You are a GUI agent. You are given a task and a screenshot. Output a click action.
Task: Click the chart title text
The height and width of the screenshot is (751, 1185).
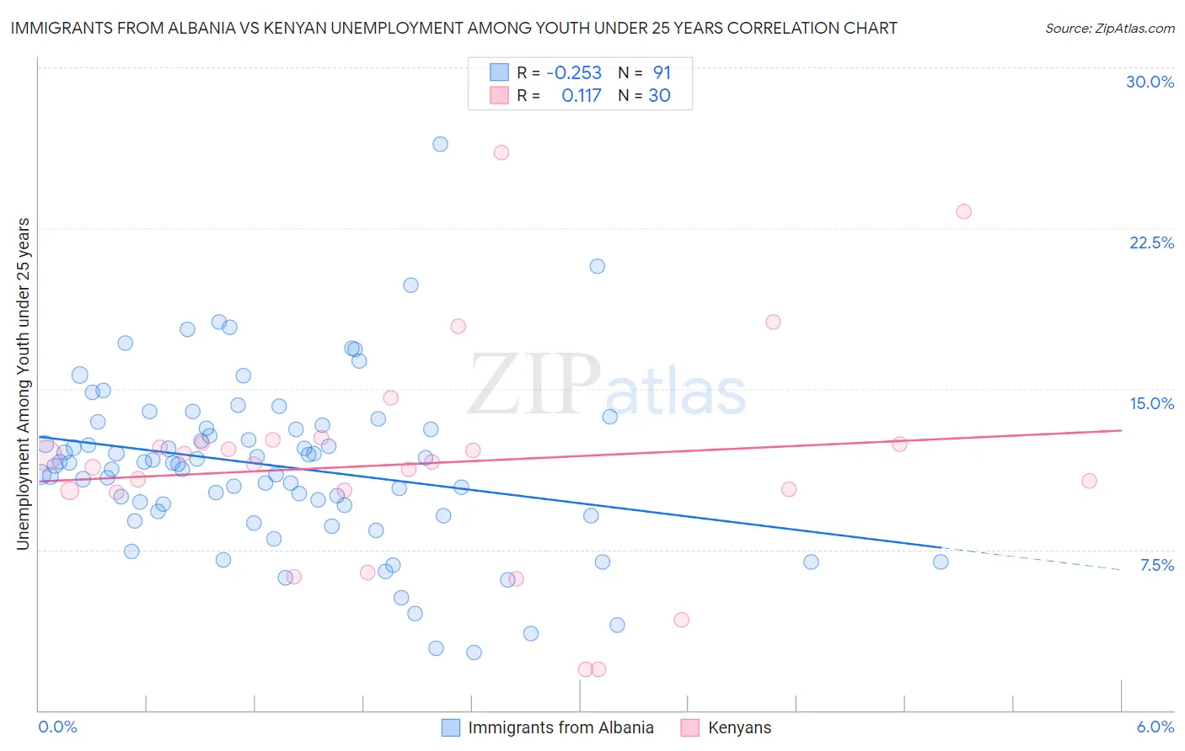click(x=453, y=28)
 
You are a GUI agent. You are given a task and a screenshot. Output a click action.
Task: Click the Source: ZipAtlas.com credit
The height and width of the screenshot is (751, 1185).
click(x=1109, y=28)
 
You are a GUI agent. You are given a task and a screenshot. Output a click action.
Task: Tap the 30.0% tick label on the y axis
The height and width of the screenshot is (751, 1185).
click(x=1150, y=82)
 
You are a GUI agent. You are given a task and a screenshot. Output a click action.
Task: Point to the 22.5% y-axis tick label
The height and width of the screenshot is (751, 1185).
click(x=1151, y=242)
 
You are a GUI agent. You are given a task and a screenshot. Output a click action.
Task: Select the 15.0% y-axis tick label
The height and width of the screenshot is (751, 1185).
click(x=1151, y=403)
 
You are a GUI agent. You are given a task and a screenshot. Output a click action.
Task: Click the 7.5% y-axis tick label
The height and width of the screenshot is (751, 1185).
click(x=1156, y=565)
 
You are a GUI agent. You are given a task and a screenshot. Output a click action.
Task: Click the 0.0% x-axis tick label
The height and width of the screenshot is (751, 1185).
click(x=57, y=727)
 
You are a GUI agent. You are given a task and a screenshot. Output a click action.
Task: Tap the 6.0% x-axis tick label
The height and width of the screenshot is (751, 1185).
click(x=1155, y=727)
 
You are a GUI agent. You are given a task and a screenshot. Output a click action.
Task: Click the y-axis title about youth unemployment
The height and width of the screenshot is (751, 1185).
click(x=23, y=384)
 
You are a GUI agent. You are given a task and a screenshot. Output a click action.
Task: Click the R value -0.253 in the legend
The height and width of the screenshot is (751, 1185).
click(x=574, y=72)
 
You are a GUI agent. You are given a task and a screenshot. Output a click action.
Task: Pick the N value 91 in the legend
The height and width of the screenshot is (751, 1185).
click(x=662, y=72)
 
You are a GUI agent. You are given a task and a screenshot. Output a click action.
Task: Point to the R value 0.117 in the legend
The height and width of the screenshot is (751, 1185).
click(x=581, y=95)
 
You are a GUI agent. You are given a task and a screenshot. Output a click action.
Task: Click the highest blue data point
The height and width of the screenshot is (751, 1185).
click(x=440, y=144)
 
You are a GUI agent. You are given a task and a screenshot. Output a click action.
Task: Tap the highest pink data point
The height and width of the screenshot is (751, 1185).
click(x=501, y=152)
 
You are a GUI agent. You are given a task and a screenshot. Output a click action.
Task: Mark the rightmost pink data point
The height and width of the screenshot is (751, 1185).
click(x=1089, y=481)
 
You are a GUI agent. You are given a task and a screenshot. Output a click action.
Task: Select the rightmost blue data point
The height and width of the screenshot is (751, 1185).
click(x=941, y=562)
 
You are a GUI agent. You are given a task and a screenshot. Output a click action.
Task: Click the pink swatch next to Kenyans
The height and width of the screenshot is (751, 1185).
click(x=690, y=727)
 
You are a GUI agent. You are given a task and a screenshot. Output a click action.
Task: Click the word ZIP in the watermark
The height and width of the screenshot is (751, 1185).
click(x=534, y=384)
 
